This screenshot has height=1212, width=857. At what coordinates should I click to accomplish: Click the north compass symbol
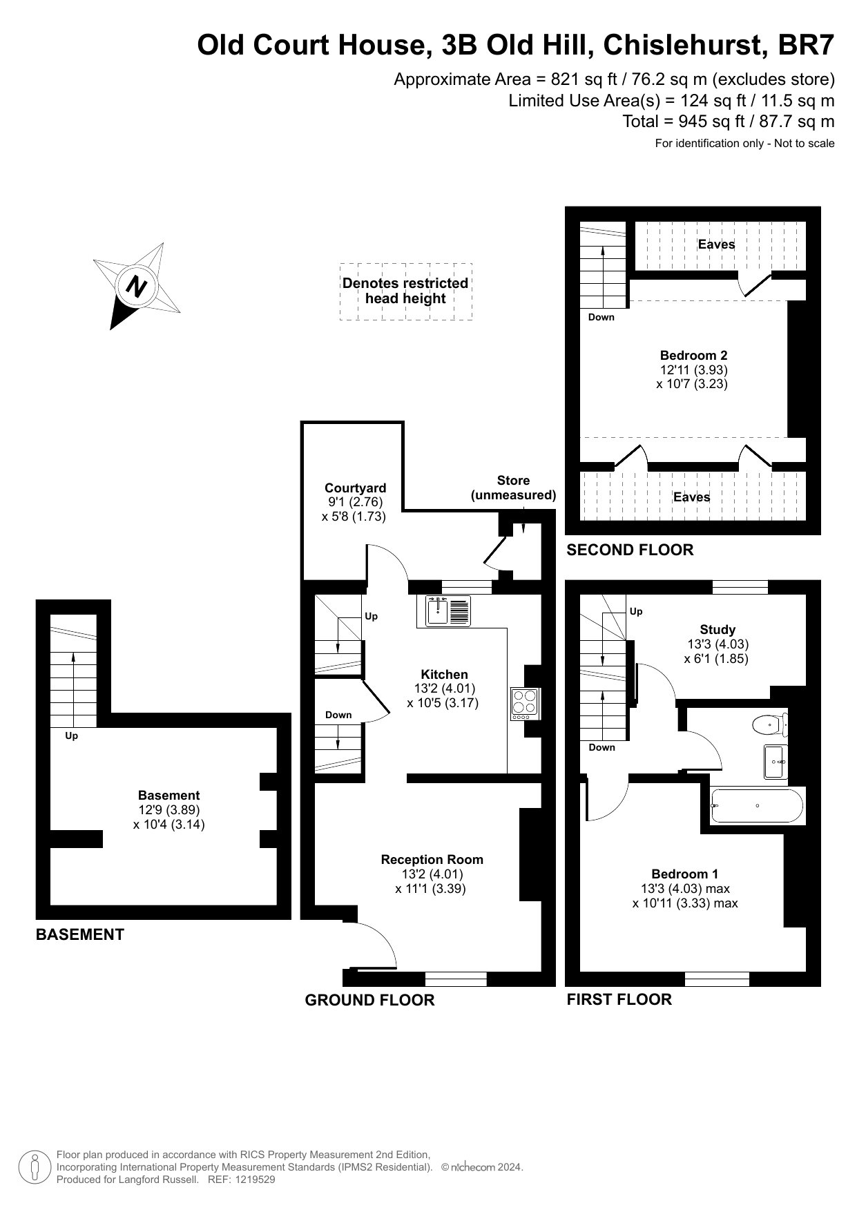137,285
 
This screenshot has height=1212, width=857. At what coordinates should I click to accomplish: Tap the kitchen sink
448,610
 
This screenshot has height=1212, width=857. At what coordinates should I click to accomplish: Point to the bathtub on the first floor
757,806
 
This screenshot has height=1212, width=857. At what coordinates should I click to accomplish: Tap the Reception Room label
432,859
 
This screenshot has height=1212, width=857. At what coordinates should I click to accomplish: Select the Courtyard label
356,488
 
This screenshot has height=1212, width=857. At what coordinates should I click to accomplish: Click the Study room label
718,629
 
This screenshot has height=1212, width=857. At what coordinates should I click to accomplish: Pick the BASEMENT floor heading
80,934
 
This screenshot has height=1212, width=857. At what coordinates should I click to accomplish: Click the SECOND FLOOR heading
630,550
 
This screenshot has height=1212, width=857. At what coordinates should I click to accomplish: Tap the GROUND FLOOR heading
369,1000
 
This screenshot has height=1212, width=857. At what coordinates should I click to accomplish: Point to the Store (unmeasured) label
513,488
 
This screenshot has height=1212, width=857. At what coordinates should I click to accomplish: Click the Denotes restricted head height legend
405,291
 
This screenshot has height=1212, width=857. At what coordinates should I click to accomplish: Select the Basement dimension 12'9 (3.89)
169,810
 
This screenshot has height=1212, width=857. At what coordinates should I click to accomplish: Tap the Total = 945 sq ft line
729,122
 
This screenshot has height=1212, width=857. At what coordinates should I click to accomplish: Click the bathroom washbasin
776,762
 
